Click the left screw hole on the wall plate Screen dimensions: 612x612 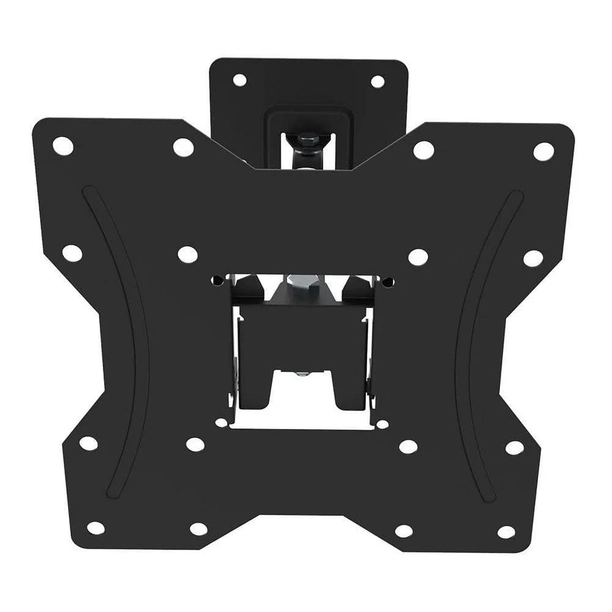point(239,80)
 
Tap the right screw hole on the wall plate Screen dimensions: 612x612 point(378,81)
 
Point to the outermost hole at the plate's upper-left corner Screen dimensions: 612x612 point(63,146)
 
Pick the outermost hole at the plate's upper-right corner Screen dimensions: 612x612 point(543,151)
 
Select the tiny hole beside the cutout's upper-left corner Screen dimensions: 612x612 point(215,281)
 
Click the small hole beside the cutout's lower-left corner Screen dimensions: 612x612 point(221,422)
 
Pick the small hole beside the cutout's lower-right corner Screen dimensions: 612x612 point(382,424)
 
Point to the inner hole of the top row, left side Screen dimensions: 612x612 point(183,147)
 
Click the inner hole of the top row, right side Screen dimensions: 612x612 point(423,150)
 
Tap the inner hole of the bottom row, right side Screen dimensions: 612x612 point(404,531)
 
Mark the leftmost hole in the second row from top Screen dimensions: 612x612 point(72,253)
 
